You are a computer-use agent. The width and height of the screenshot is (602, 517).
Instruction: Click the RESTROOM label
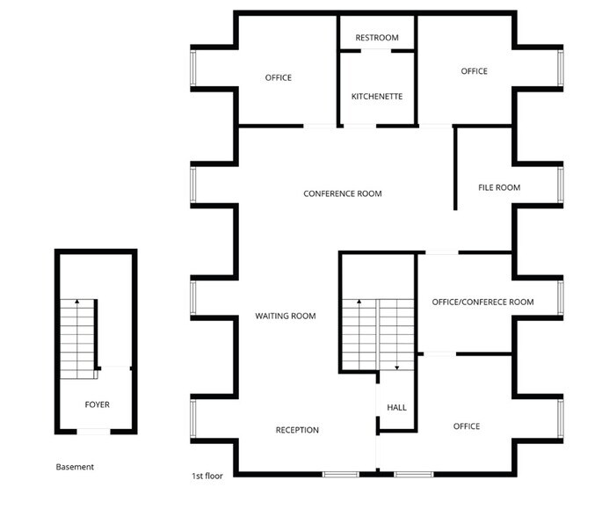pos(376,38)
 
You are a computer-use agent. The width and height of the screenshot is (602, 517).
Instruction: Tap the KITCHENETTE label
pos(376,96)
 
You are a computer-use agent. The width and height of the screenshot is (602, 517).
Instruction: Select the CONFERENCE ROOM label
pos(343,193)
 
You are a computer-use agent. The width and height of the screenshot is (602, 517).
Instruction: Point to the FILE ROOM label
pos(499,187)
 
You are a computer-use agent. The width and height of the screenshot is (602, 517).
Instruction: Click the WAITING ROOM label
pos(286,316)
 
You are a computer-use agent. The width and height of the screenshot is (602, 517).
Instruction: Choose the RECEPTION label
pos(297,430)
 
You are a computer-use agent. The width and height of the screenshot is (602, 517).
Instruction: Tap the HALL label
pos(397,407)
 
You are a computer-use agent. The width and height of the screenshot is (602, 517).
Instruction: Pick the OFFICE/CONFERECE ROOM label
pos(482,302)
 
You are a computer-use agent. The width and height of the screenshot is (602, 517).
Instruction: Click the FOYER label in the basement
pos(97,404)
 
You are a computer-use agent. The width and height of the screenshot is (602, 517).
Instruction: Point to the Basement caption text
pos(75,467)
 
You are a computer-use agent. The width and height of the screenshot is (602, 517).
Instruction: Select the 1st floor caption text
pos(207,476)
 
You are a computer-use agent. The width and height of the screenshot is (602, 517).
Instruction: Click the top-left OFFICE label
pos(279,77)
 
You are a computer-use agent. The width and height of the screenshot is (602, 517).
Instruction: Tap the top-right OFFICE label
pos(474,71)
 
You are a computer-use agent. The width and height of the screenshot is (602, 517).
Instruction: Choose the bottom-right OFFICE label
pos(467,426)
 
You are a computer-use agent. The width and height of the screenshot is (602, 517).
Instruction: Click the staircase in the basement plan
pos(78,339)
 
